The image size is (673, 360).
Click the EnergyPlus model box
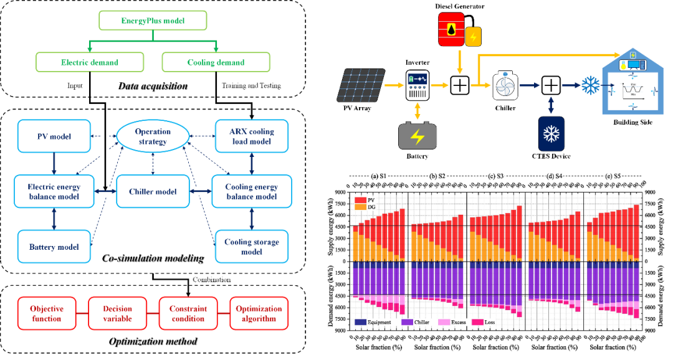pos(153,21)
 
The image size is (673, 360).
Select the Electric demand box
pos(90,62)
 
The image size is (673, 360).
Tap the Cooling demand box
pos(216,62)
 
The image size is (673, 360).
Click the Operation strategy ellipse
pos(153,136)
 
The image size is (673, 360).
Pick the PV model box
pos(54,136)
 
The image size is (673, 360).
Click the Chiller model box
pos(153,192)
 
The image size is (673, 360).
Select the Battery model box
pos(54,247)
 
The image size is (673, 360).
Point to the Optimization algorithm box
pos(259,313)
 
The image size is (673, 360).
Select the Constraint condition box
pos(188,313)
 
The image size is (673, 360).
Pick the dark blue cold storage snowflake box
pos(551,133)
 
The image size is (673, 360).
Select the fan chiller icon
pos(505,85)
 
